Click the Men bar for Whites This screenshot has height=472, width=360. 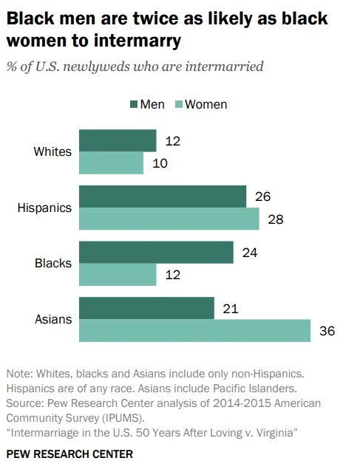(x=117, y=140)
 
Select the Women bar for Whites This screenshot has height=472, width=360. (x=111, y=163)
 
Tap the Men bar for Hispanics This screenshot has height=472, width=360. (x=162, y=196)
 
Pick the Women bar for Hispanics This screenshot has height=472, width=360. (x=169, y=219)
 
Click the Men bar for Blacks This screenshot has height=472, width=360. (x=156, y=253)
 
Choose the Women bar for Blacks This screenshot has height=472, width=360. (x=117, y=275)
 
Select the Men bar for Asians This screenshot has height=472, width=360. (x=146, y=308)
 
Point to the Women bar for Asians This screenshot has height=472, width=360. (x=194, y=331)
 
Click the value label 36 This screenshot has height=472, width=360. (x=327, y=331)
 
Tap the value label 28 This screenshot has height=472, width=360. (x=276, y=219)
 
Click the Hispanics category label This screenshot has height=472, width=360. (x=44, y=208)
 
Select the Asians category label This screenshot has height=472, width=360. (x=53, y=319)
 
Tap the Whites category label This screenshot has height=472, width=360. (x=52, y=152)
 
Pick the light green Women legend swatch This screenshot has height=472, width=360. (x=177, y=104)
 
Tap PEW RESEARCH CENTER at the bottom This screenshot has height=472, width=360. (x=69, y=453)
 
